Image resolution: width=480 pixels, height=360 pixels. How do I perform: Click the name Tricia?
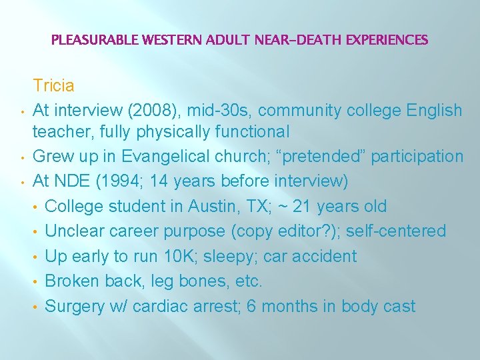54,86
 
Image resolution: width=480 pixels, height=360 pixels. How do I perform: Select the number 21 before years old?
304,206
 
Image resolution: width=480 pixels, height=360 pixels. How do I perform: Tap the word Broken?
71,281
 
